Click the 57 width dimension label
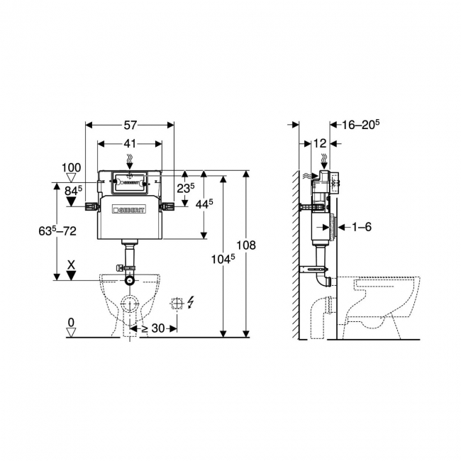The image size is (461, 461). [x=130, y=126]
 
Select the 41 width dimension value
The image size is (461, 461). [x=130, y=144]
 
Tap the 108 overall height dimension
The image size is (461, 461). [x=246, y=245]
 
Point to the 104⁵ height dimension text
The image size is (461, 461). [x=223, y=258]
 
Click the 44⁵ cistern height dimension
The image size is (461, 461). [x=204, y=204]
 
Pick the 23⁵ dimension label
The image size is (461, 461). [x=186, y=188]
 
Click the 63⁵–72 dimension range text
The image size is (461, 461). [x=57, y=230]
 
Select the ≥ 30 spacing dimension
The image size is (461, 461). [x=153, y=328]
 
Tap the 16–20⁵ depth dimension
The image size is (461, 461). [x=360, y=125]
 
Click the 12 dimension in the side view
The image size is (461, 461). [x=320, y=143]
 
